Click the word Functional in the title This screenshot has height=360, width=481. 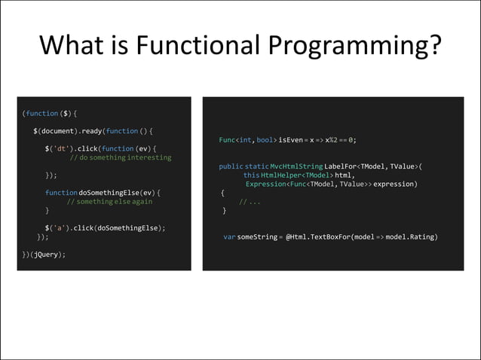[x=195, y=47]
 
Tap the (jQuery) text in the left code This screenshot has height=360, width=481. [x=47, y=255]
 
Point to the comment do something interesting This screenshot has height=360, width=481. [x=121, y=157]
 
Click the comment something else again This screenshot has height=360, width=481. [x=109, y=202]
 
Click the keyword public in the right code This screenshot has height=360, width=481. [x=231, y=166]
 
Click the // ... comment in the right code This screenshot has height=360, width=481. [x=250, y=202]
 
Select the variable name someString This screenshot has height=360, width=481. [x=257, y=237]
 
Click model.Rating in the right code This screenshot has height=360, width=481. [x=412, y=237]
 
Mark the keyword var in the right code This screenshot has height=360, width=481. [x=230, y=237]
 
